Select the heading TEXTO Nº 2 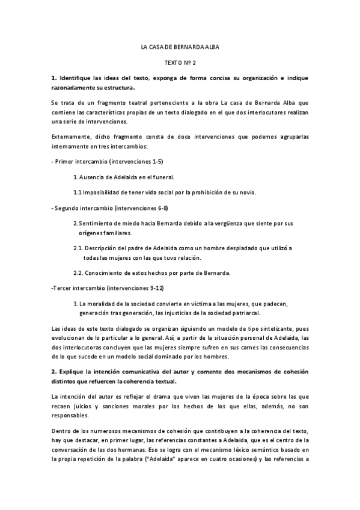(x=180, y=63)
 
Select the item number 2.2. (x=78, y=273)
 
